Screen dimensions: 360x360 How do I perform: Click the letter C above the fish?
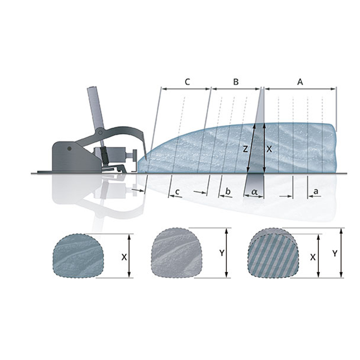click(x=188, y=82)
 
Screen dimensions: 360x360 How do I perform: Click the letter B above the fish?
click(x=236, y=82)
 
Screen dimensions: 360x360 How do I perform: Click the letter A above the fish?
click(x=300, y=82)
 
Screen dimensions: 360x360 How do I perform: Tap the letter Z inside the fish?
click(x=245, y=149)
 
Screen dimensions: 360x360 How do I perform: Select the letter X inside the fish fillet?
click(x=269, y=149)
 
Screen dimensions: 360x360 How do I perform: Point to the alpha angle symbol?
click(x=254, y=191)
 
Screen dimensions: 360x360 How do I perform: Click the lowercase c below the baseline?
click(x=177, y=191)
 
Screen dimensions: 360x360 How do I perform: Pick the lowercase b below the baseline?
click(x=228, y=191)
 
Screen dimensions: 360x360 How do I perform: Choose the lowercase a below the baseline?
click(x=316, y=191)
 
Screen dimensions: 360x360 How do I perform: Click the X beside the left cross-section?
click(x=124, y=257)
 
